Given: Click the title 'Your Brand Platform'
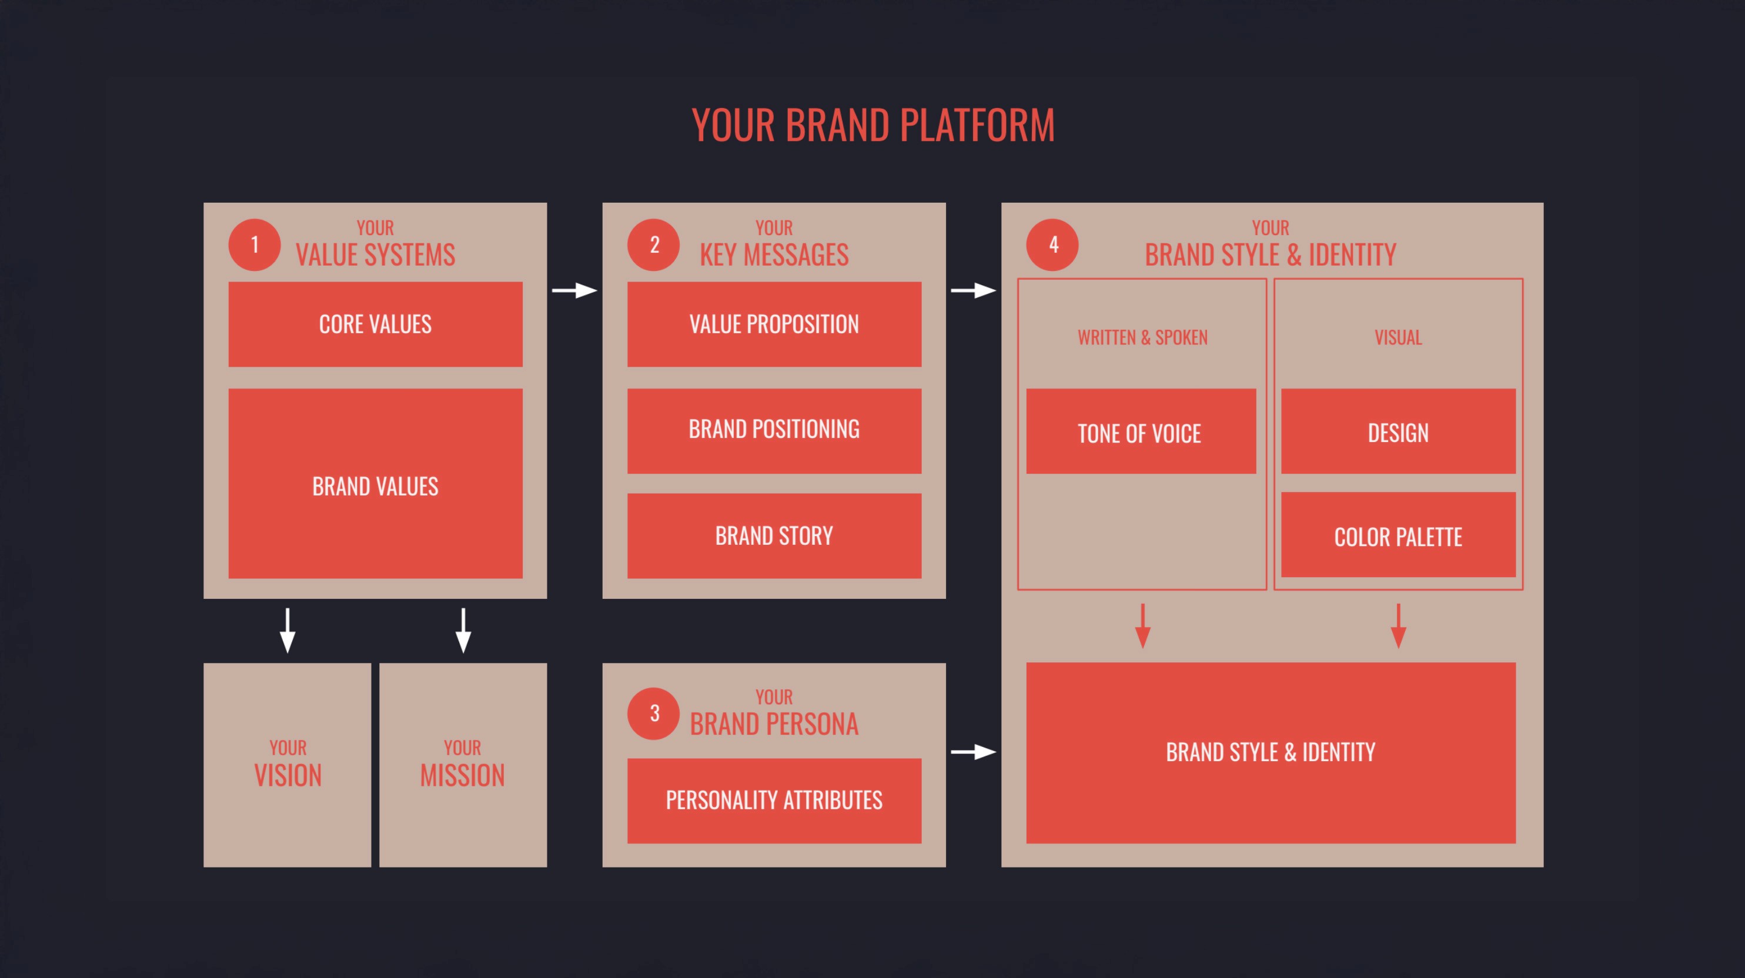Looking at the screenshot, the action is [x=873, y=125].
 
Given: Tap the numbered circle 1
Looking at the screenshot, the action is [x=255, y=244].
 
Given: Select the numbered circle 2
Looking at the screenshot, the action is [x=654, y=244].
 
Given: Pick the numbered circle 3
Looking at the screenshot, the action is [x=654, y=713].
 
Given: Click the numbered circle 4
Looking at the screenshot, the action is [x=1052, y=244].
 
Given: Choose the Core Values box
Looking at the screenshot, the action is [x=375, y=324].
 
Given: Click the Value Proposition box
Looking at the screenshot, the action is [x=774, y=324].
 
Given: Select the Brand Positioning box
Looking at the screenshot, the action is [x=774, y=431].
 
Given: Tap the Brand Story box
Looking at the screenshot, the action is [x=774, y=536].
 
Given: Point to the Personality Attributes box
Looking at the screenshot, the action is [x=774, y=801].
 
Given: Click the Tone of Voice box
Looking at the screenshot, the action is [x=1141, y=431].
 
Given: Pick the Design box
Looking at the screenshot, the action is [x=1398, y=431].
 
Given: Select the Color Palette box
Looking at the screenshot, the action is [x=1398, y=535].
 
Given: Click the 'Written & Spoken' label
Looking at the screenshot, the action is [x=1143, y=337].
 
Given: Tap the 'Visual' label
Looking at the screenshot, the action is [x=1398, y=337].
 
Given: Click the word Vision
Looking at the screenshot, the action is [x=288, y=775].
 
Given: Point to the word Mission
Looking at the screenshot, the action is [x=463, y=775].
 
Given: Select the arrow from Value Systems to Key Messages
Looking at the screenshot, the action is [x=574, y=290].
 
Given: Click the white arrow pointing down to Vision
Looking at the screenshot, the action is [x=288, y=631].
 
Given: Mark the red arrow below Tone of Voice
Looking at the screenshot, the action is [x=1143, y=627].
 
